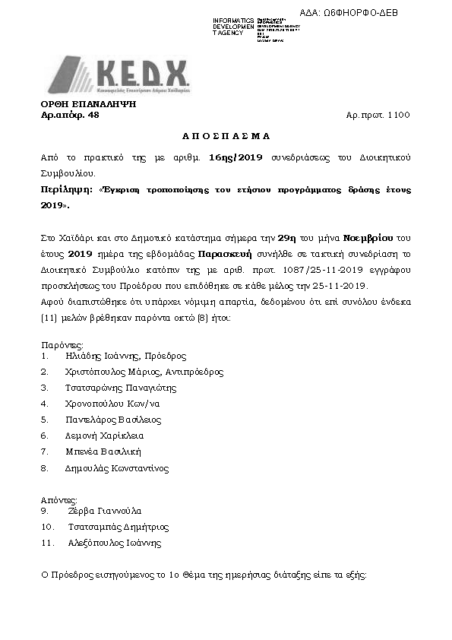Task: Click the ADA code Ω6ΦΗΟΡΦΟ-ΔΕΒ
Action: click(359, 13)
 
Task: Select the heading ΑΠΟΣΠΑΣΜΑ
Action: click(226, 136)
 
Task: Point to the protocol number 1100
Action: click(398, 116)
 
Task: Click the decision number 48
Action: click(93, 116)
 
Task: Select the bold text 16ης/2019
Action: click(235, 157)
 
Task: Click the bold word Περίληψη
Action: click(65, 190)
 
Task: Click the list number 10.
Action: click(47, 527)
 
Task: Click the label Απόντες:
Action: click(58, 500)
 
